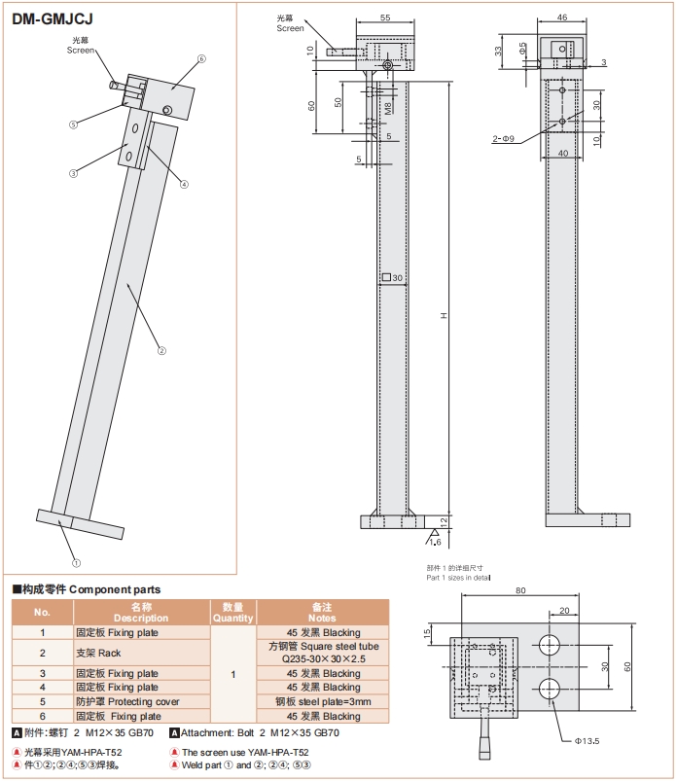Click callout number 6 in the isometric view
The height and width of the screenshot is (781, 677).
[x=201, y=59]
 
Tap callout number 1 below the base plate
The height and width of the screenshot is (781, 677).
[x=76, y=562]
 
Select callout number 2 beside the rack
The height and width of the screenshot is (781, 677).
[x=161, y=350]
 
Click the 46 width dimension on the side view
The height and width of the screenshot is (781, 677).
[x=561, y=18]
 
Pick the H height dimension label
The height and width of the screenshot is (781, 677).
[x=444, y=315]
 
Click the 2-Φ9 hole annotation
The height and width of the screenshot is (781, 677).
[x=503, y=139]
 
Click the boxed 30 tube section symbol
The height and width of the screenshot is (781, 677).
[x=391, y=278]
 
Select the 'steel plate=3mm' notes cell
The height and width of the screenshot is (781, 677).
[x=321, y=702]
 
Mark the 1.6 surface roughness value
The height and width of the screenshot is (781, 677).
[x=435, y=542]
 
